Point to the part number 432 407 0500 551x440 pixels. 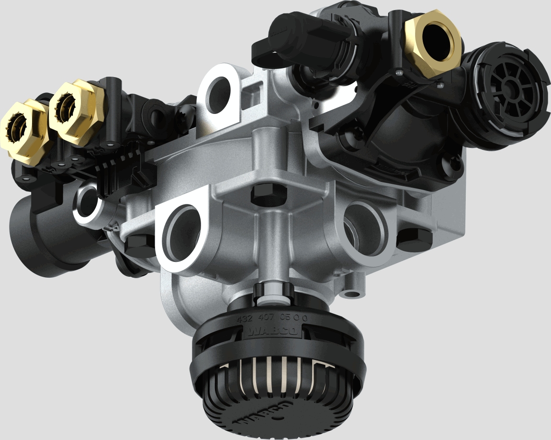(271, 317)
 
